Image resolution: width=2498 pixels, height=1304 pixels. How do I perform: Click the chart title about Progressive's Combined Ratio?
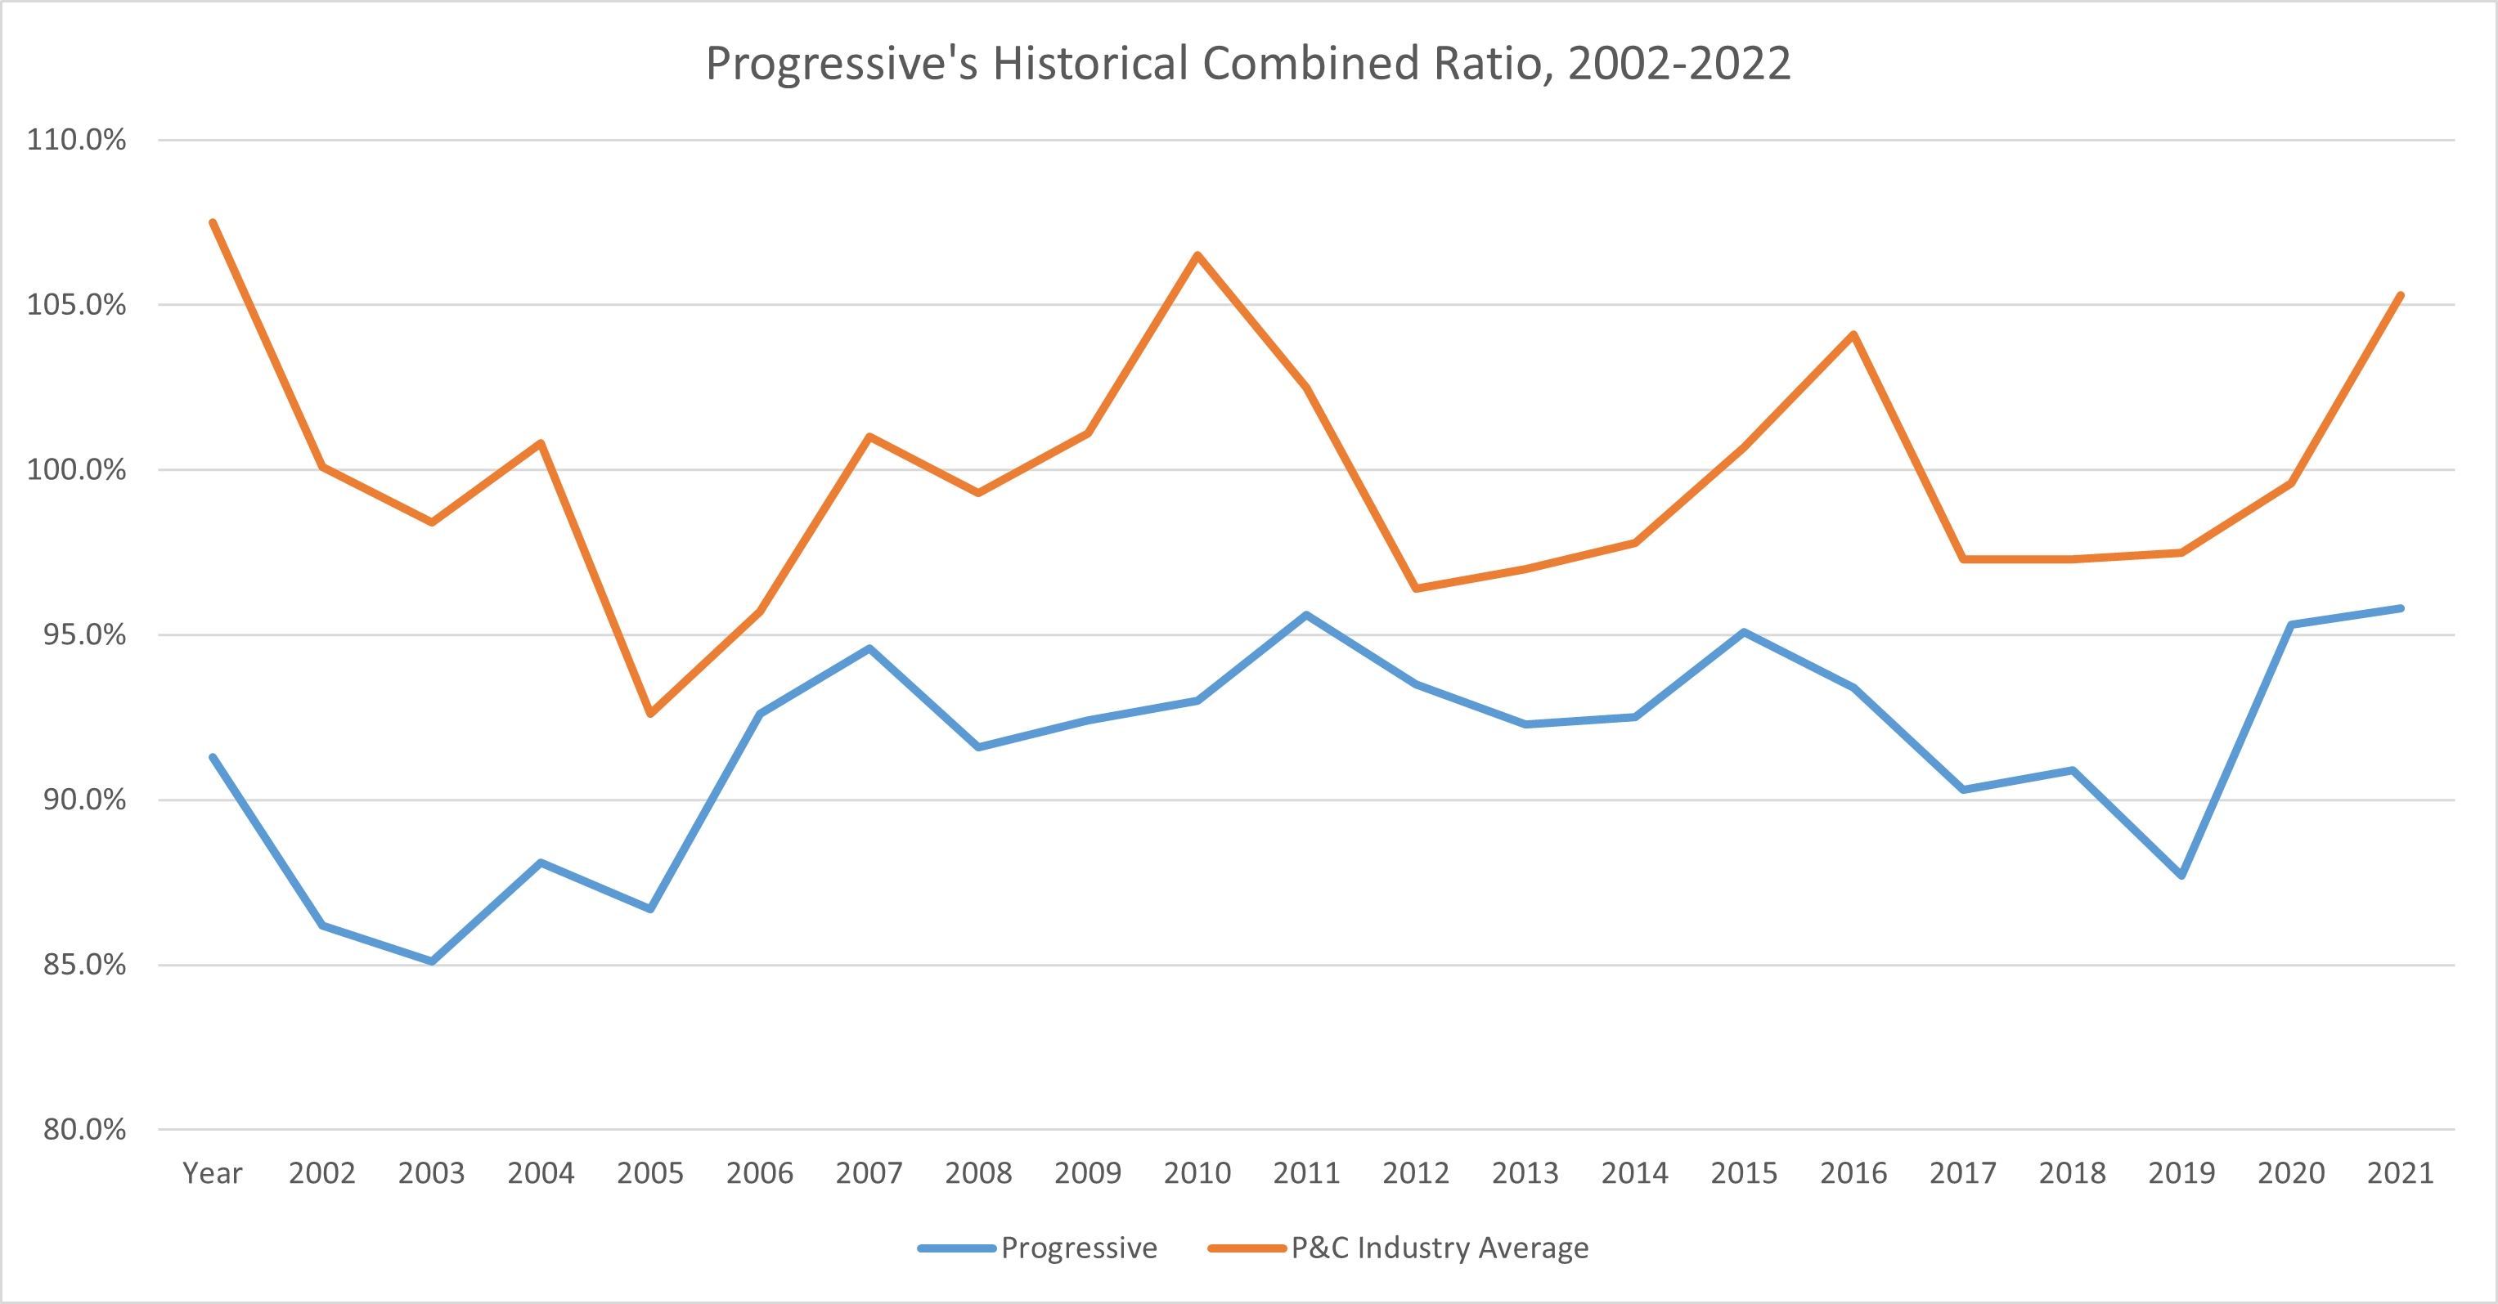point(1247,64)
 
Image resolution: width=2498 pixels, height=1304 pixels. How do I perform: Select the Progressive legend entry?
point(1077,1248)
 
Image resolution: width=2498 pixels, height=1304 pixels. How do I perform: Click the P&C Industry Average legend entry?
point(1439,1248)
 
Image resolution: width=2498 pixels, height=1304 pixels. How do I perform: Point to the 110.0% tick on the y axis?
point(75,140)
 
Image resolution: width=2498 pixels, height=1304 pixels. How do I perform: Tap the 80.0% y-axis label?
point(83,1130)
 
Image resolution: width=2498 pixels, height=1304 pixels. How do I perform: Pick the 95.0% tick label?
point(83,635)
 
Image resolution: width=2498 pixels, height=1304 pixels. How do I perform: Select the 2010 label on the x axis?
point(1197,1173)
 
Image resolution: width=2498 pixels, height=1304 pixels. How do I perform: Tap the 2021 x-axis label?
point(2400,1173)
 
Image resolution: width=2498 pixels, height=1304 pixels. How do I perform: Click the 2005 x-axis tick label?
point(649,1173)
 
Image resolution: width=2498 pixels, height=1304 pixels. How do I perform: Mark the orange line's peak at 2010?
point(1197,255)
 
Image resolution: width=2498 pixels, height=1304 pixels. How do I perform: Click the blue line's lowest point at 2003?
point(432,961)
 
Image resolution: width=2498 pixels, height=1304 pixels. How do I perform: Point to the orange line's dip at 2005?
point(649,715)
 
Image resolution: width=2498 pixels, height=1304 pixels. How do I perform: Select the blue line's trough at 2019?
point(2182,876)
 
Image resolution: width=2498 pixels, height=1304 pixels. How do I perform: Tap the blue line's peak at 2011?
point(1306,615)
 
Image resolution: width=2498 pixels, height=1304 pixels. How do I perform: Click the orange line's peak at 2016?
point(1853,334)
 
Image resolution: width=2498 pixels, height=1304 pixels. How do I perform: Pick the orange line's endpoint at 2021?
point(2401,295)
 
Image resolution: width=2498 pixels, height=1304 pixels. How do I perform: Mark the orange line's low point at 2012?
point(1416,589)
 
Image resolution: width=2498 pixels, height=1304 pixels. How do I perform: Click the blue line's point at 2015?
point(1744,632)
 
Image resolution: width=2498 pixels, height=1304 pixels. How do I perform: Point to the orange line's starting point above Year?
point(213,222)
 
